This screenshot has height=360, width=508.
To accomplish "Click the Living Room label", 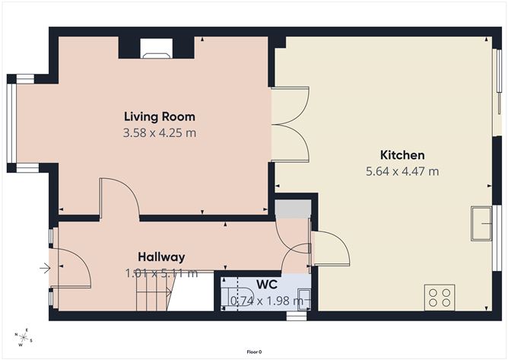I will (160, 116).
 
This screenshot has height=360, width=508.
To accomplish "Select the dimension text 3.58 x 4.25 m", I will (160, 133).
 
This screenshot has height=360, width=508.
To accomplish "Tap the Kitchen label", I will (402, 155).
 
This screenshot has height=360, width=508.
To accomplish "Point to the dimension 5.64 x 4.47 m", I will (402, 171).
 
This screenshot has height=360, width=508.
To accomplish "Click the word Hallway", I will (161, 256).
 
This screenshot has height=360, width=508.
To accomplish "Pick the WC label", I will (266, 284).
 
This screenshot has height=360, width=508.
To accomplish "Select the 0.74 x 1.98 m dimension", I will (266, 301).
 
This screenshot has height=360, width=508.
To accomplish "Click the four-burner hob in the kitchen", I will (440, 296).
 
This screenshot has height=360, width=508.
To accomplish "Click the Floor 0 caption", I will (254, 352).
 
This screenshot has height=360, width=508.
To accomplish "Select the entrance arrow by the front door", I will (45, 267).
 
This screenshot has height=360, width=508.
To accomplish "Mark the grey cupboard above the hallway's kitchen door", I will (292, 209).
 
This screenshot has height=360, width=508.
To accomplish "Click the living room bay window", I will (11, 123).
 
